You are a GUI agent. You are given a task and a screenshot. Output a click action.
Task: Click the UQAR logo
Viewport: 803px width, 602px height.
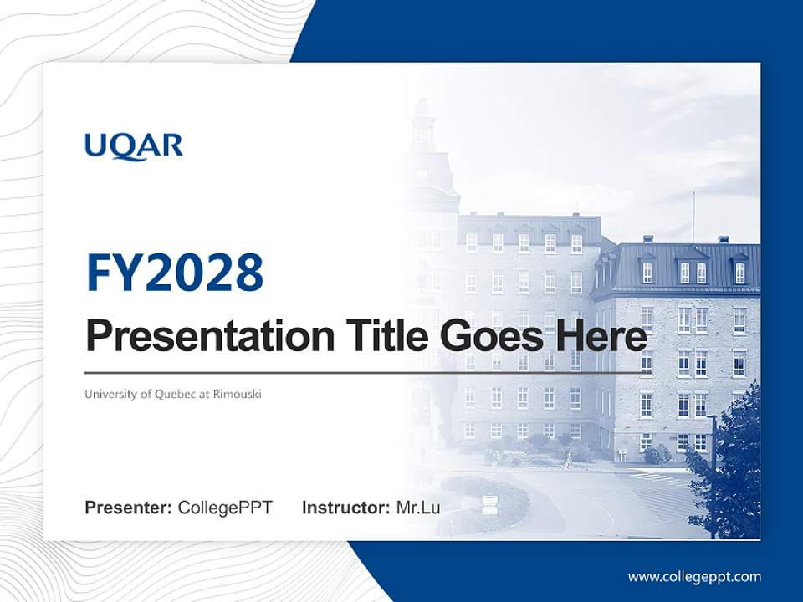coord(133,146)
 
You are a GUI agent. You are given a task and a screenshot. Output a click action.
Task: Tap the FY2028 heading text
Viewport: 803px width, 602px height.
coord(175,272)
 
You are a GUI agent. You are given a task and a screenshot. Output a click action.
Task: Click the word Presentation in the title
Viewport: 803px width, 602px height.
coord(198,337)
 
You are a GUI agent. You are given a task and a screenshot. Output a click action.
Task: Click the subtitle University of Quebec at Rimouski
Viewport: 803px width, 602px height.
coord(172,394)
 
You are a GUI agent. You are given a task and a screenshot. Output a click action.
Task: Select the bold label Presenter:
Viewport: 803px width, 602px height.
coord(129,508)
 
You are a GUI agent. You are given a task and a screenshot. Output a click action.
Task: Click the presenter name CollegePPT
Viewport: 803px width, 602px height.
coord(225,508)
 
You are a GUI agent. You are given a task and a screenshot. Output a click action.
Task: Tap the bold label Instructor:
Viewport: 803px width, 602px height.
coord(345,508)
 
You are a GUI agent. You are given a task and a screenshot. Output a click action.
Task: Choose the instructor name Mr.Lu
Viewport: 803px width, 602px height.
coord(417,508)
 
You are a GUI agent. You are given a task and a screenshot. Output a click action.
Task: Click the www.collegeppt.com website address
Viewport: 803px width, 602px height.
coord(694,577)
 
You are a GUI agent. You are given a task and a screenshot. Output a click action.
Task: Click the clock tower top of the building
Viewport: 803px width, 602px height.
coord(424,125)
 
